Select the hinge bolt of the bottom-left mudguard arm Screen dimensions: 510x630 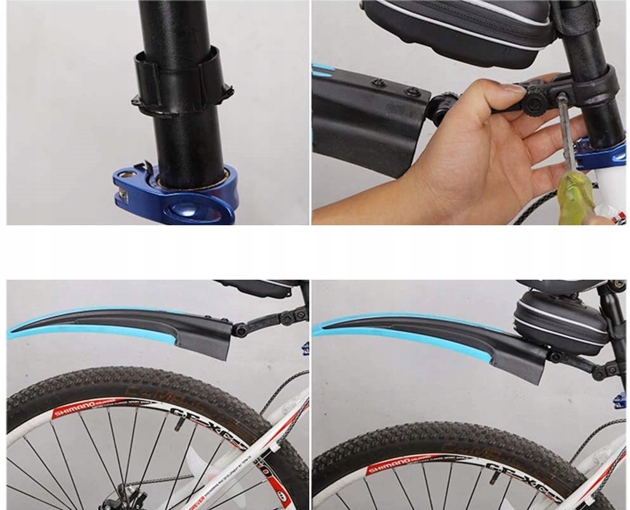click(x=241, y=330)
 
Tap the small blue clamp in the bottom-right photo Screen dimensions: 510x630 click(x=621, y=399)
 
